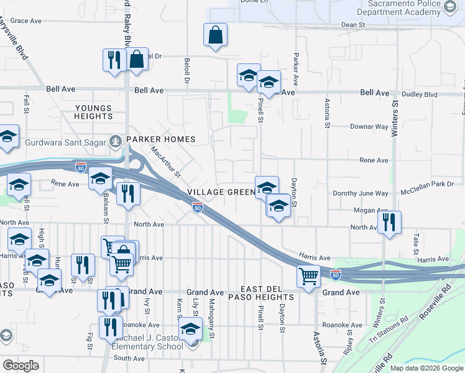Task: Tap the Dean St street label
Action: point(352,25)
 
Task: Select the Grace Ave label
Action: point(25,21)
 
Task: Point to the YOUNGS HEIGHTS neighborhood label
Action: point(93,112)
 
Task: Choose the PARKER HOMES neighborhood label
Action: point(161,139)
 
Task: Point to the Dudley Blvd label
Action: point(423,95)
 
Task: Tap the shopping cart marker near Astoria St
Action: point(308,275)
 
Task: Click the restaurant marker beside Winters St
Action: point(389,223)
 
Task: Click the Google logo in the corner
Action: point(21,366)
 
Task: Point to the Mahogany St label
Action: point(211,318)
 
